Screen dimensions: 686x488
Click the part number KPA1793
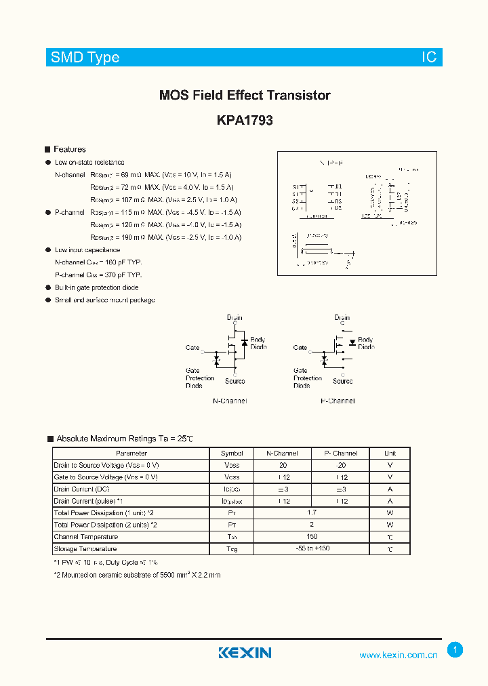click(x=245, y=121)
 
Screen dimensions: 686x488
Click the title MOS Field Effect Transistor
click(x=245, y=96)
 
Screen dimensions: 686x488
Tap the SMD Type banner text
click(x=85, y=58)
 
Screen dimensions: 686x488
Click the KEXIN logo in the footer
click(x=245, y=653)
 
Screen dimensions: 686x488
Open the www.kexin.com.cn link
click(x=398, y=655)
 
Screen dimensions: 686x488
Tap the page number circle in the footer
click(x=455, y=650)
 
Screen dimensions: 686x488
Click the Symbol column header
click(x=232, y=453)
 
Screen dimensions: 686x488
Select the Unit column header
click(x=390, y=453)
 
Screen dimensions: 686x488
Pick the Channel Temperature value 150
click(x=312, y=536)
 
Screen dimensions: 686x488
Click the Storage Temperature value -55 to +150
click(x=312, y=548)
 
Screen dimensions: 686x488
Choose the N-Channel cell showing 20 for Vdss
click(x=283, y=465)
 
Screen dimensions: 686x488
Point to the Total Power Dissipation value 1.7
click(x=312, y=513)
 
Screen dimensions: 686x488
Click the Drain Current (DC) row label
click(x=81, y=489)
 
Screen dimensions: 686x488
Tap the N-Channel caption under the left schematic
click(x=230, y=401)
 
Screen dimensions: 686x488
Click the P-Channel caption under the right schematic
click(x=338, y=401)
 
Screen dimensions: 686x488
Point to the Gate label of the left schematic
click(x=192, y=348)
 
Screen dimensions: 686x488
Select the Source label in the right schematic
click(x=342, y=381)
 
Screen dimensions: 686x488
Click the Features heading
click(x=69, y=149)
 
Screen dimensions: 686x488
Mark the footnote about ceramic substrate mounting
click(x=137, y=575)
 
